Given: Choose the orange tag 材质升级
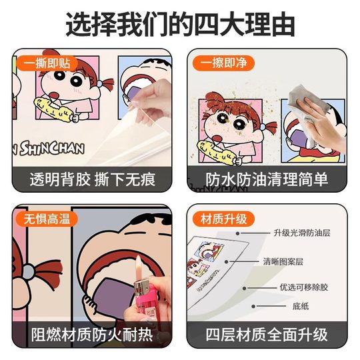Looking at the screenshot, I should coord(221,218).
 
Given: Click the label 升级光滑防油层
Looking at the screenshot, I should coord(301,233).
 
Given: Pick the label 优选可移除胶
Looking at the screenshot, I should coord(300,289).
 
